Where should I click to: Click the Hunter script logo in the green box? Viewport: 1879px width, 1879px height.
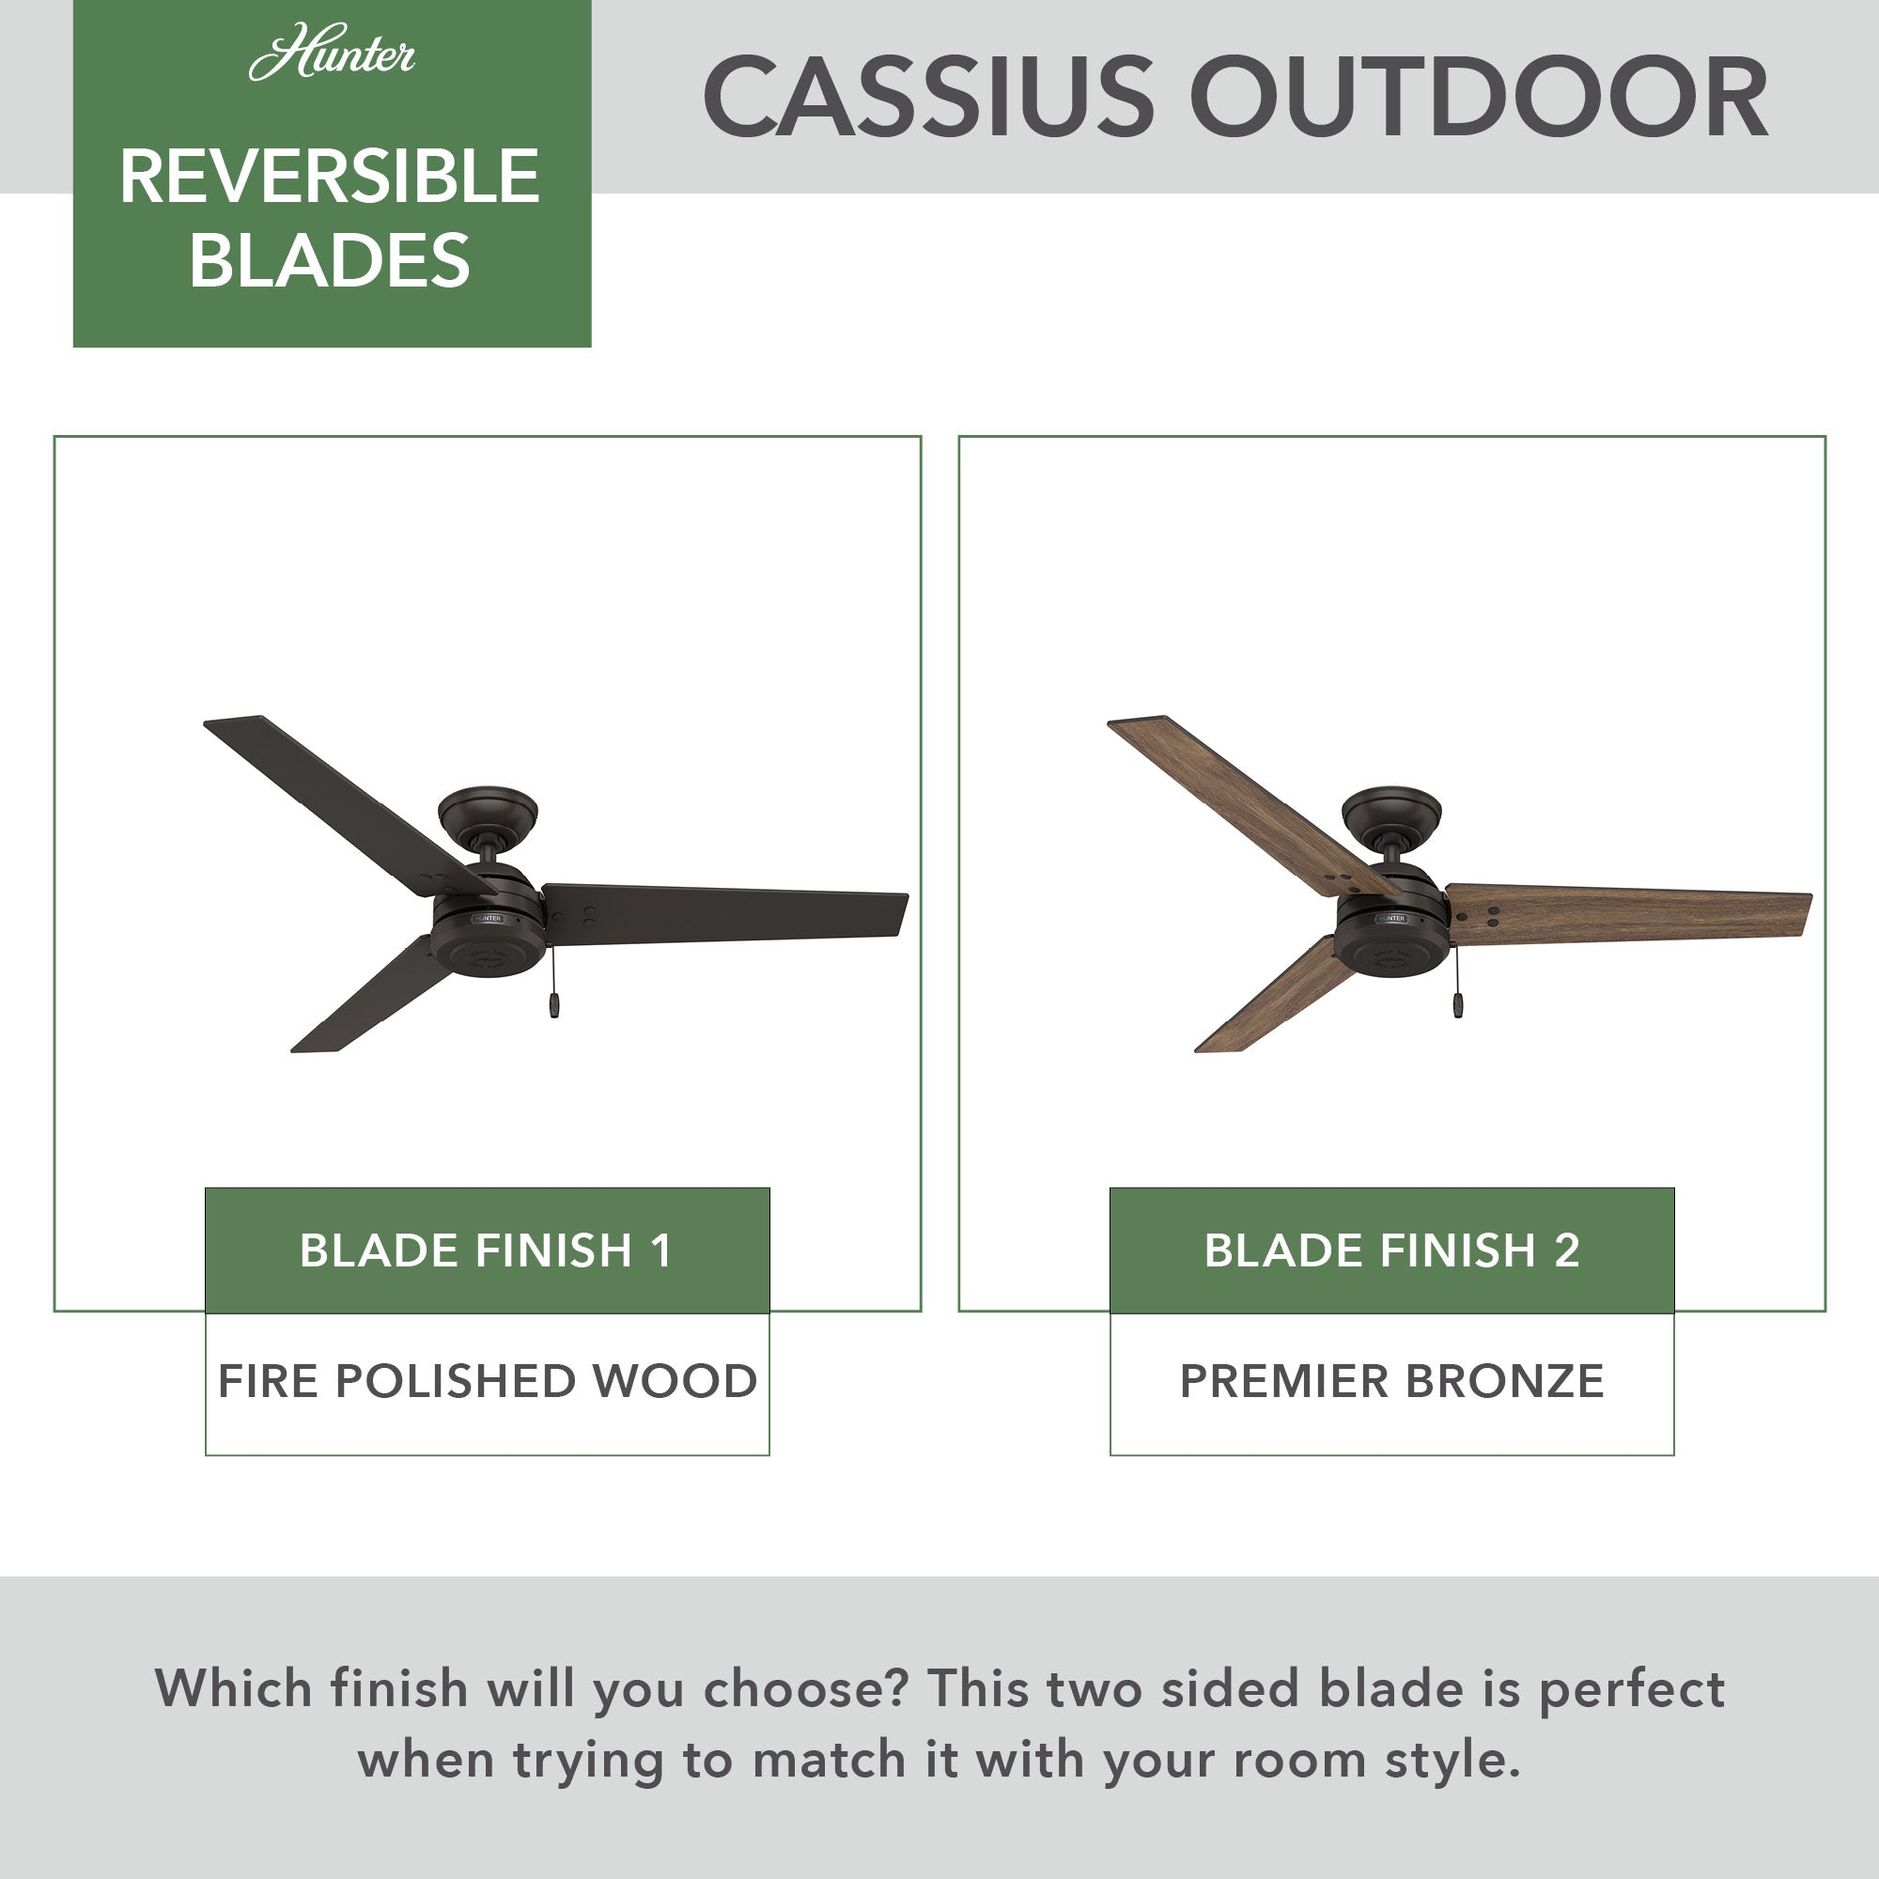[332, 54]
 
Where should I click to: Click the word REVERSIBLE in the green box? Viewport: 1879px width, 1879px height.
[330, 177]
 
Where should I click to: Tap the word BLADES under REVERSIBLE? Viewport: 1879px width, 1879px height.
[330, 259]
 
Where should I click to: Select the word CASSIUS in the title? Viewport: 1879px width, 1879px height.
[929, 98]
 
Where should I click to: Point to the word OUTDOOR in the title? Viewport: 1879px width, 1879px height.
[1480, 98]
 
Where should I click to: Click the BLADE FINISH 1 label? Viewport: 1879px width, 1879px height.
[487, 1250]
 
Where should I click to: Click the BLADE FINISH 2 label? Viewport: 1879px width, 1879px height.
[1391, 1250]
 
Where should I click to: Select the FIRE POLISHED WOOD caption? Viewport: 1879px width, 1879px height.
[488, 1381]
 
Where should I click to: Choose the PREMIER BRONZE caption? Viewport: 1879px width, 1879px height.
[1391, 1381]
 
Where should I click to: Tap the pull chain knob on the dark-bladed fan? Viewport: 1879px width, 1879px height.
[554, 1005]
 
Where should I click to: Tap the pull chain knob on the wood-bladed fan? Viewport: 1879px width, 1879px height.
[1458, 1005]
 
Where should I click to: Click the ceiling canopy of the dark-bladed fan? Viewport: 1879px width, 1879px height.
[489, 815]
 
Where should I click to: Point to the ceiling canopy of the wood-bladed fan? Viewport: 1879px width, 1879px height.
[1391, 815]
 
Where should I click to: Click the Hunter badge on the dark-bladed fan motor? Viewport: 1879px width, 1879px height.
[488, 918]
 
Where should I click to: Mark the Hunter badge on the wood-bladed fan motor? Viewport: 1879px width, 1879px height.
[1390, 918]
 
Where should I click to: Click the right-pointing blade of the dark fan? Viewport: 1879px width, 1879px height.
[724, 913]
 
